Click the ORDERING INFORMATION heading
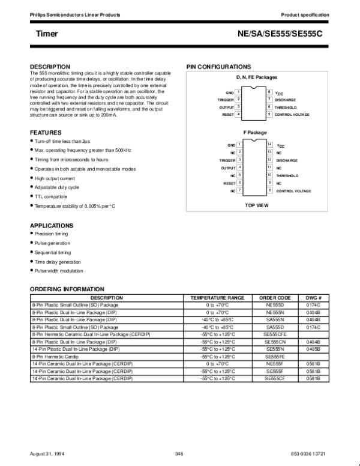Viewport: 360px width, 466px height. click(67, 289)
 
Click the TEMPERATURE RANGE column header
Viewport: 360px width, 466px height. click(217, 298)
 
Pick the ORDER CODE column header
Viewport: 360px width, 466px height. click(275, 298)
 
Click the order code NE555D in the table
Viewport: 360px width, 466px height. click(275, 305)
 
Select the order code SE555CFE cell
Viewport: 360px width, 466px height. click(275, 333)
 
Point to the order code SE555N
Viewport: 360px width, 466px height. click(275, 348)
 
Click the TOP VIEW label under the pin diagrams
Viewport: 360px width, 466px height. click(256, 205)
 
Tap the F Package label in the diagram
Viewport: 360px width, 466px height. click(256, 132)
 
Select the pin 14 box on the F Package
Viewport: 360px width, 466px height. click(270, 145)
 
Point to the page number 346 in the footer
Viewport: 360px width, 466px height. click(178, 452)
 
